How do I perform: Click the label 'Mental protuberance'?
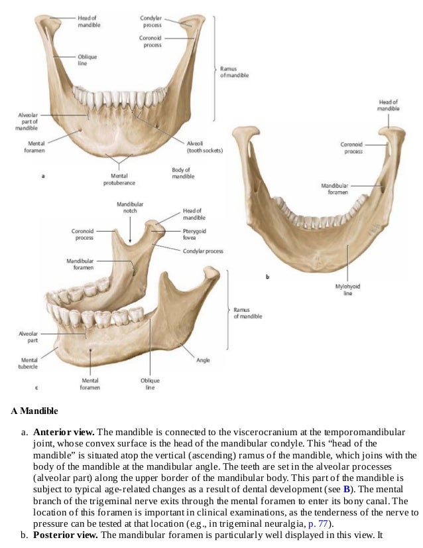point(119,180)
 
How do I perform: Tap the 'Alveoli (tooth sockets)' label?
point(204,147)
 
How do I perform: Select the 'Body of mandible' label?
point(181,173)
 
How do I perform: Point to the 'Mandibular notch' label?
point(130,208)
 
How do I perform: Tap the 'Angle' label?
point(203,360)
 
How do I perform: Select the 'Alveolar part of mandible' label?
point(27,121)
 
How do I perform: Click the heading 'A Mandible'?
point(34,411)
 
